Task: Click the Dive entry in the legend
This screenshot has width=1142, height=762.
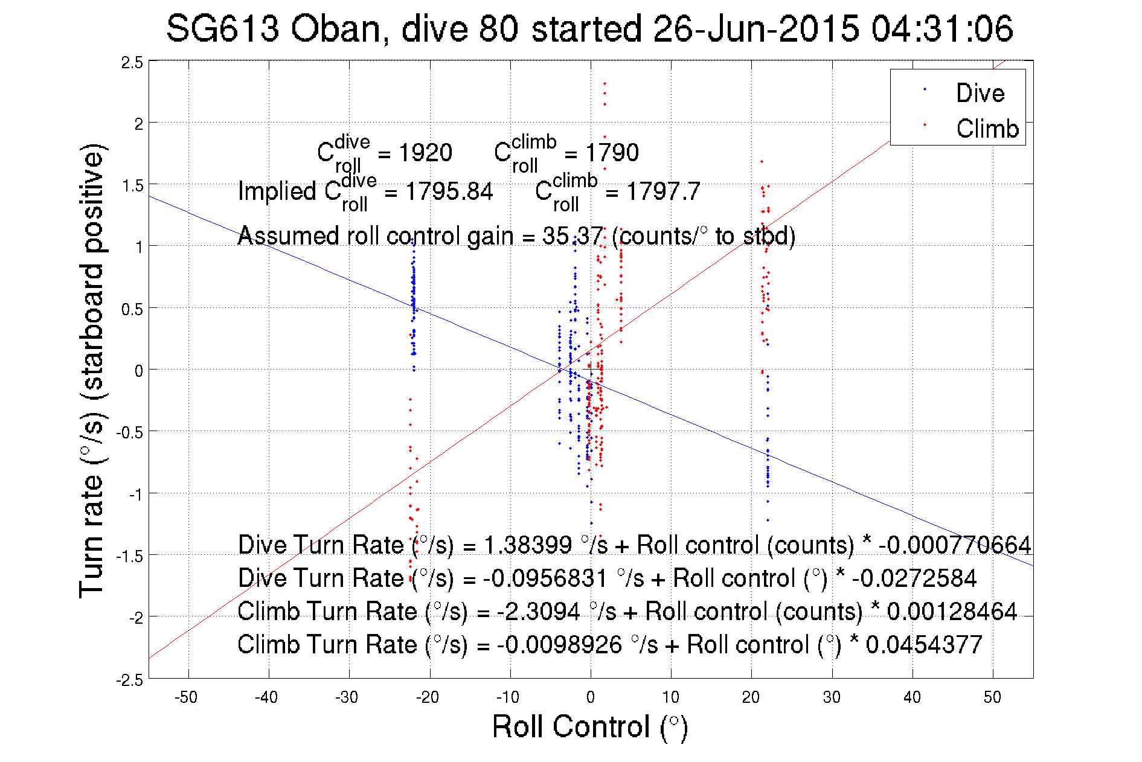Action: pos(980,93)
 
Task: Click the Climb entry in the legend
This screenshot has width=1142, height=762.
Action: pos(987,129)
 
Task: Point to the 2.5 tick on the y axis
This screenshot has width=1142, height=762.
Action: pos(132,62)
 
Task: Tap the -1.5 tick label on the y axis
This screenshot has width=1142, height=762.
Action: pos(130,556)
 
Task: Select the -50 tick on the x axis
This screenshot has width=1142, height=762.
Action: pos(186,697)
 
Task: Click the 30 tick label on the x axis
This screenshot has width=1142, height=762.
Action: pos(832,697)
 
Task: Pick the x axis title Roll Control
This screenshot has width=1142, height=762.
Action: pos(589,726)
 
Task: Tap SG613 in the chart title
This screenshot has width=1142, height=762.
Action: pos(222,29)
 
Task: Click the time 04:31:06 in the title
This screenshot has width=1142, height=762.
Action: pos(942,29)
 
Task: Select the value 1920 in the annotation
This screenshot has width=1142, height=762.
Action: pos(425,153)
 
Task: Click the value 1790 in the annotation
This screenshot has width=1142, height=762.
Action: pos(612,153)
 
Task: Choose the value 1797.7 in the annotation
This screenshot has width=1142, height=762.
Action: pos(663,192)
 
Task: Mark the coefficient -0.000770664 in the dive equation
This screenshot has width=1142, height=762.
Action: pos(955,545)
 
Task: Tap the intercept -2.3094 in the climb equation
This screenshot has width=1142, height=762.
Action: pos(539,612)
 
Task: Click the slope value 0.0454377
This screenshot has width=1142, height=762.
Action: pos(924,645)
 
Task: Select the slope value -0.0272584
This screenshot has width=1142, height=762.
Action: pos(914,578)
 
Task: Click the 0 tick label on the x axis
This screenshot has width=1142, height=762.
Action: pos(591,697)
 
